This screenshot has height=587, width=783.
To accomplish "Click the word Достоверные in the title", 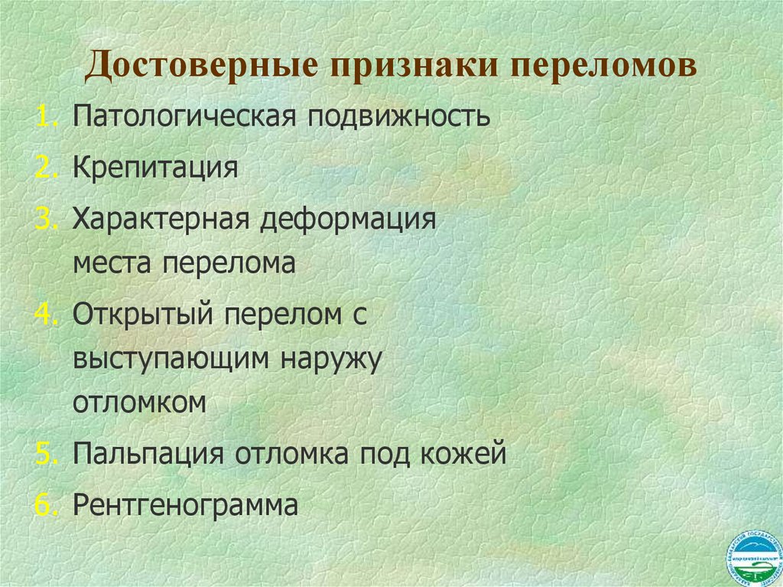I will point(200,66).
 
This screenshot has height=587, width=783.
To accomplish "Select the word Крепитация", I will point(155,168).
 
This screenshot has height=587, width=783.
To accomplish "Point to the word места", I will point(112,264).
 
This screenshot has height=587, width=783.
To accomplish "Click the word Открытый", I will point(143,315).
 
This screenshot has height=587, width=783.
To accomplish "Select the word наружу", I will point(333,360).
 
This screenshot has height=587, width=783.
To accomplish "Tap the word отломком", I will point(140,403).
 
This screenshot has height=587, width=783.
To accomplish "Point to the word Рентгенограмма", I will point(185,504).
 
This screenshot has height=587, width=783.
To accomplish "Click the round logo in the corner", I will point(752,556).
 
